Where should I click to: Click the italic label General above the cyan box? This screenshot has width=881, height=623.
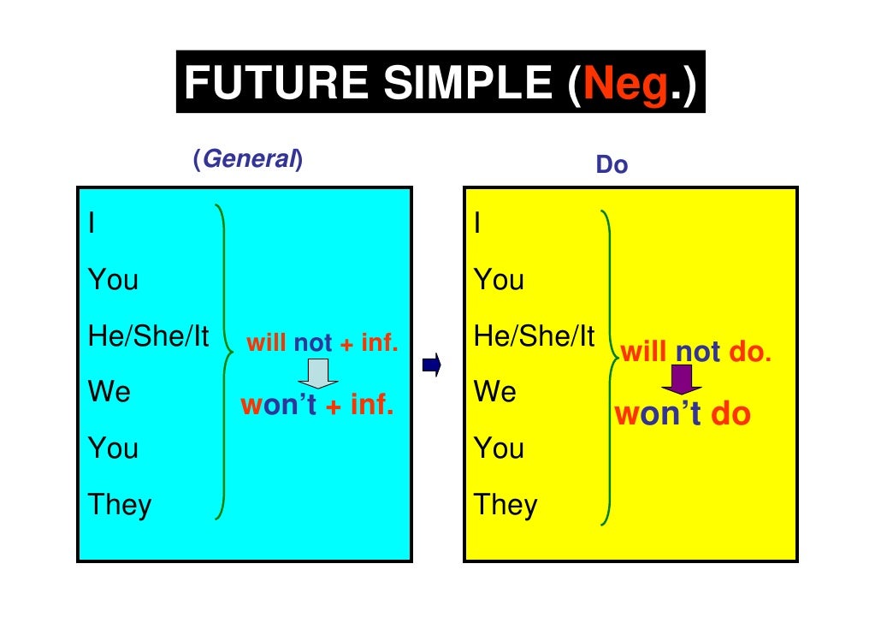tap(248, 160)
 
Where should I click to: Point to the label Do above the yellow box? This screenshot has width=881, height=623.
tap(612, 165)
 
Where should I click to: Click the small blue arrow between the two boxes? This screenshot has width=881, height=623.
tap(431, 365)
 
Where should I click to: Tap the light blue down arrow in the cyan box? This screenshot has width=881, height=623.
tap(316, 374)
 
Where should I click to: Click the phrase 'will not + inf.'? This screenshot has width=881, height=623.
tap(322, 344)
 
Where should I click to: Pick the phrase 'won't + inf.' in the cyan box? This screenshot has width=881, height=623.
tap(316, 405)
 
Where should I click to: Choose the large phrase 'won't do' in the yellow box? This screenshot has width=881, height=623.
tap(682, 414)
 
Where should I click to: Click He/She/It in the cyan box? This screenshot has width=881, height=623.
tap(148, 336)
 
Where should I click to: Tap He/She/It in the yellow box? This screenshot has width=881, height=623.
tap(534, 336)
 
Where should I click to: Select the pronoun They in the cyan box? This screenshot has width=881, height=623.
tap(120, 504)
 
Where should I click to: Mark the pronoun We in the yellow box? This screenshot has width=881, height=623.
tap(495, 393)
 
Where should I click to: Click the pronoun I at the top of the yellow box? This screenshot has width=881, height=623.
tap(478, 224)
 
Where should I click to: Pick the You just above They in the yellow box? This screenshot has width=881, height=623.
tap(499, 448)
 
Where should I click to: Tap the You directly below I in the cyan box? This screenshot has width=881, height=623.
tap(113, 280)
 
